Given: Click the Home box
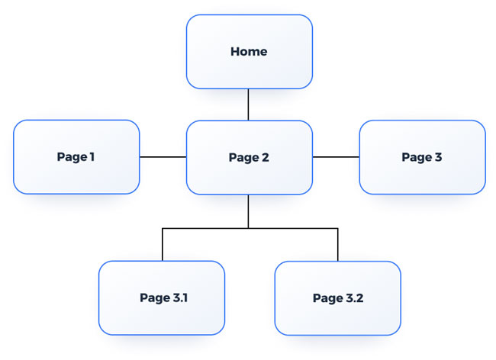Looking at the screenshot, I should point(250,52).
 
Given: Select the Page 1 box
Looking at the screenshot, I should point(76,157).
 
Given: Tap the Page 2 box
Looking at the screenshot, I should point(250,157).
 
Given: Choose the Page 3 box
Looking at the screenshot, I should point(422,157).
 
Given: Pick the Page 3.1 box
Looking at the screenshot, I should point(162,297).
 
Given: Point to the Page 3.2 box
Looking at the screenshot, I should point(337,298).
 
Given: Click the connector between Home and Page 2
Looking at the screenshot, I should point(249,104).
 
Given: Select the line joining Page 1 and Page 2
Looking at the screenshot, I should point(163,157).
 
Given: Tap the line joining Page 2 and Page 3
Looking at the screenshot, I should point(336,157).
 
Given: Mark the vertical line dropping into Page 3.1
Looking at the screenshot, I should point(162,244).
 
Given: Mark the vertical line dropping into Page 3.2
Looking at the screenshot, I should point(337,244).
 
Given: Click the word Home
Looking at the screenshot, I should point(250,52).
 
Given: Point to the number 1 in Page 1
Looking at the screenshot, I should point(92,157).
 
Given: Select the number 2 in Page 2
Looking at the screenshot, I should point(265,157).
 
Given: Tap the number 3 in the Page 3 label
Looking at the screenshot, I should point(438,157).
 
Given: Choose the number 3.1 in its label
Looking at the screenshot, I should point(180,297).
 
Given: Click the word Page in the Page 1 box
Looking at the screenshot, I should point(71,158).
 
